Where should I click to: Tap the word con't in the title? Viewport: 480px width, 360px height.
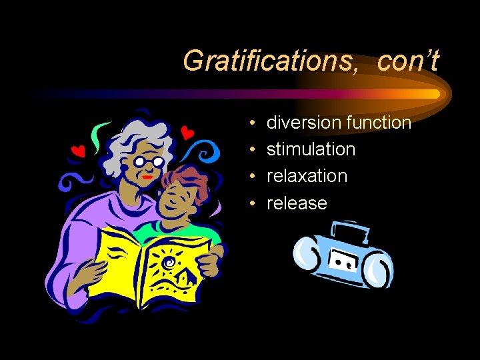[408, 61]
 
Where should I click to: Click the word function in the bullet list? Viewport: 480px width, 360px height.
[379, 123]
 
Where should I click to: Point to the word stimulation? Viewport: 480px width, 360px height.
[311, 149]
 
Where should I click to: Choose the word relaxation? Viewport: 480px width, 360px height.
[307, 176]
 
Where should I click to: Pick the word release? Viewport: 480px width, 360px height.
[297, 203]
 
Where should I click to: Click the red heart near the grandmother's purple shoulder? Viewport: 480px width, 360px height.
[79, 151]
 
